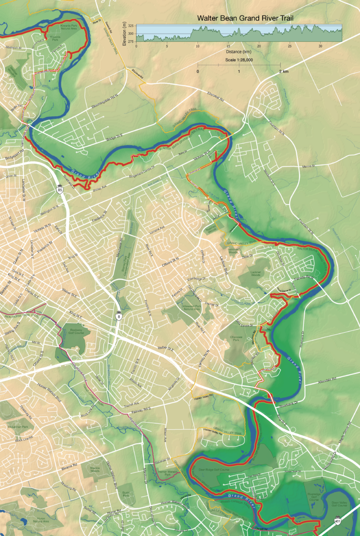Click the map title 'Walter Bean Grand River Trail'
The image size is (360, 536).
[246, 18]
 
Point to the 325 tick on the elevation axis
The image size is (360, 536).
[130, 26]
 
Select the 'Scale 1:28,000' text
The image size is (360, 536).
[239, 60]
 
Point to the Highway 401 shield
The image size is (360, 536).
[337, 521]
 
